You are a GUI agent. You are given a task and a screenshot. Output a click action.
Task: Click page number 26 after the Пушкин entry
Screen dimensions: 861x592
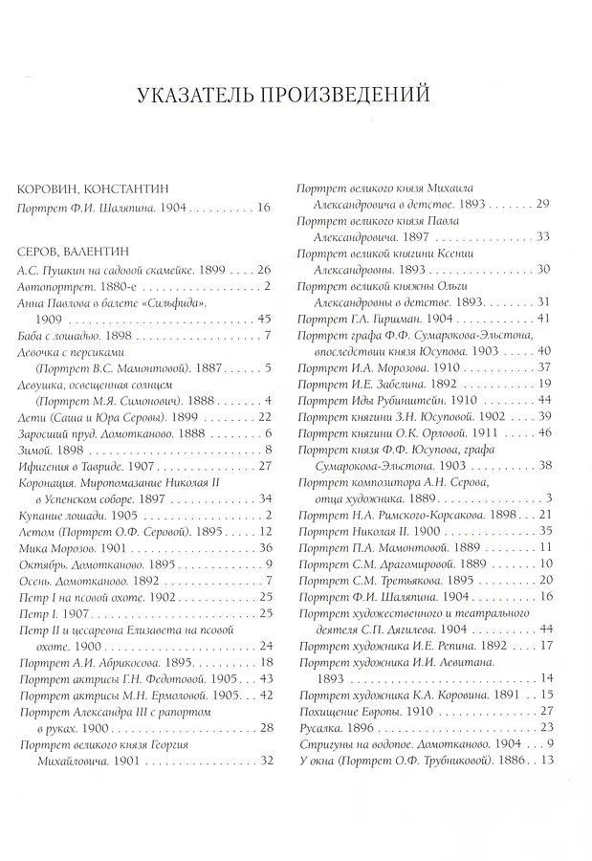tap(266, 271)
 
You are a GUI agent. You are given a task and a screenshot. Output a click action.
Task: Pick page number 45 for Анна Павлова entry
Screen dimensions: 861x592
tap(266, 319)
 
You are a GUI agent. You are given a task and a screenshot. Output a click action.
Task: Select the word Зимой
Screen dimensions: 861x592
tap(37, 449)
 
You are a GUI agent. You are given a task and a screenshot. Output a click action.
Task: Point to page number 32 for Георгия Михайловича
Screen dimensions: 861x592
tap(267, 761)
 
